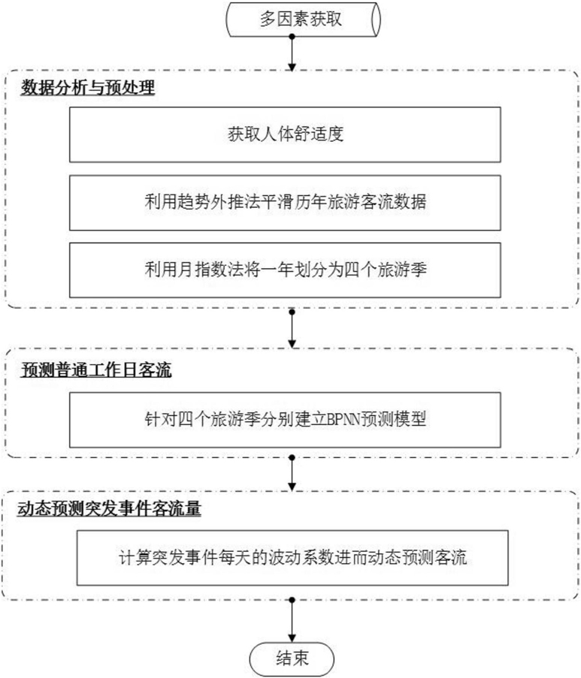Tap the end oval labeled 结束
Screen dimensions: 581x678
[x=292, y=659]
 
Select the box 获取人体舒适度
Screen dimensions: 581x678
[x=286, y=134]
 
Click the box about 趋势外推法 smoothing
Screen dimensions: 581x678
[x=286, y=203]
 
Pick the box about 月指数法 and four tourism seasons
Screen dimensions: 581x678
[x=286, y=270]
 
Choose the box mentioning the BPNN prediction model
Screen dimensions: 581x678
[x=286, y=420]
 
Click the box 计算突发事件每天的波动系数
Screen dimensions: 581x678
[x=292, y=558]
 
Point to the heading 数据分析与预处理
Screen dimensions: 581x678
[x=88, y=88]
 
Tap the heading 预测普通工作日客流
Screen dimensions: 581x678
[x=96, y=370]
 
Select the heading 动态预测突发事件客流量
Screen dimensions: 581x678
[x=109, y=508]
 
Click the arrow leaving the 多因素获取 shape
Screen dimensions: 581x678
[x=292, y=53]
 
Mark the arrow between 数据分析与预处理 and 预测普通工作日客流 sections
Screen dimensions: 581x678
[x=292, y=328]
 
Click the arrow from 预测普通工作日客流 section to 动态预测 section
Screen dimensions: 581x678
[x=292, y=473]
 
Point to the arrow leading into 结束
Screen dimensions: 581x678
[x=292, y=620]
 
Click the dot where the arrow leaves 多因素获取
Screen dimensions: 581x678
[x=292, y=37]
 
